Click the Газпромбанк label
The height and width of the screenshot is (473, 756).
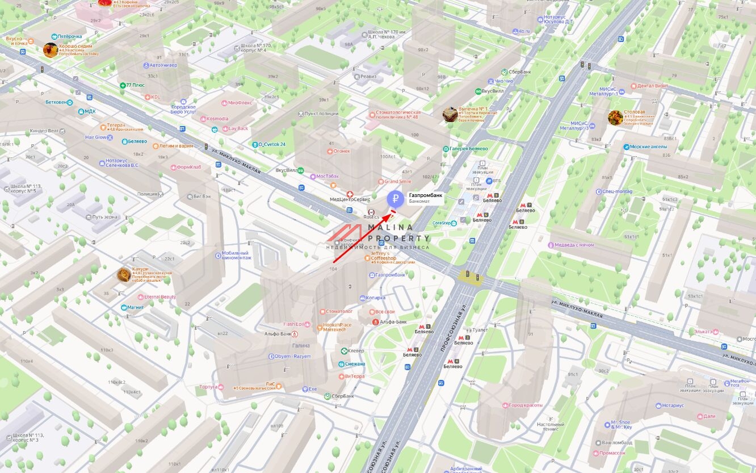(x=425, y=195)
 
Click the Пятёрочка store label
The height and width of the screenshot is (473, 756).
(x=69, y=36)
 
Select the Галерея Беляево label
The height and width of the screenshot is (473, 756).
(x=469, y=149)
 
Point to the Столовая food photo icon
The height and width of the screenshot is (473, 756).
(x=615, y=118)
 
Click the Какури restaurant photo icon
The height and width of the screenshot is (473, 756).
(x=124, y=275)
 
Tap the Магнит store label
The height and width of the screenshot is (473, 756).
(x=136, y=307)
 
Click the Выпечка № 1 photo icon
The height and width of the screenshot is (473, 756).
(x=450, y=114)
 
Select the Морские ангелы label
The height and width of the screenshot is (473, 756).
(x=648, y=146)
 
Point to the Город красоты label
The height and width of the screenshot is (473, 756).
(x=526, y=405)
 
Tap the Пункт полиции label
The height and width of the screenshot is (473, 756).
(x=321, y=114)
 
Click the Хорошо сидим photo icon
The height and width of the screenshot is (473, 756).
(x=50, y=49)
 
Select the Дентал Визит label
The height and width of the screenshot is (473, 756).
(x=652, y=86)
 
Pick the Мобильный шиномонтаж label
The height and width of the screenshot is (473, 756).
(x=236, y=255)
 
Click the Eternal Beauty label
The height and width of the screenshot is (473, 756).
(x=160, y=297)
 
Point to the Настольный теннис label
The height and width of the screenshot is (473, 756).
(x=550, y=427)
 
